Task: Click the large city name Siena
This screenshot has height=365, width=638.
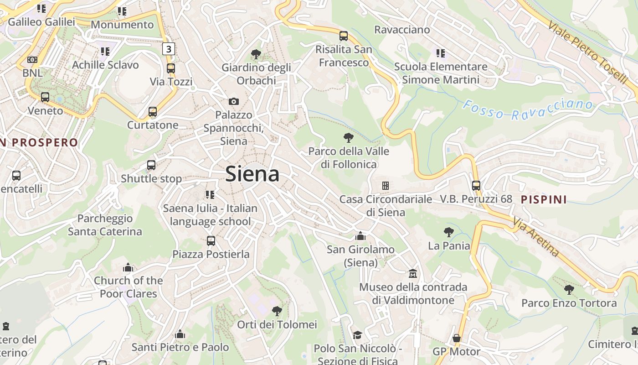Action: pos(252,174)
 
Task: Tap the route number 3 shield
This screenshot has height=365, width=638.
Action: pos(169,48)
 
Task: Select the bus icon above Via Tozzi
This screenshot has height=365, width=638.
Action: pos(170,68)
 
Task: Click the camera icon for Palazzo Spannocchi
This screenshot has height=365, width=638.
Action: pos(234,101)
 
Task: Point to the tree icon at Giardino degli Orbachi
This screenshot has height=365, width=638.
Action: pos(256,54)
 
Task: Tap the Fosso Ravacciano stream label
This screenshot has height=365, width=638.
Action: pos(528,109)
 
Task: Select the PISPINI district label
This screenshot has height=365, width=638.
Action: pos(544,199)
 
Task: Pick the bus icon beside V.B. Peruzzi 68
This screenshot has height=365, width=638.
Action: pos(476,186)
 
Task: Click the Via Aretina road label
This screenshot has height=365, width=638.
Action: pos(536,237)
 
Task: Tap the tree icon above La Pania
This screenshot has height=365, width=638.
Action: pos(449,232)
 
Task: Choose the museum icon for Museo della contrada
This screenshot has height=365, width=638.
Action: pos(413,273)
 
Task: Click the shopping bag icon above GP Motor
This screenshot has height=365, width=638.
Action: pos(456,339)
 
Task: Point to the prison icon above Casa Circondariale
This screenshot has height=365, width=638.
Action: pos(386,186)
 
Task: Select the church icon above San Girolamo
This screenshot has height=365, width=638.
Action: pos(360,236)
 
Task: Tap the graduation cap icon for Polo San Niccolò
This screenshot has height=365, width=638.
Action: pos(357,335)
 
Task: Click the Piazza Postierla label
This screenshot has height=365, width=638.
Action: pos(211,254)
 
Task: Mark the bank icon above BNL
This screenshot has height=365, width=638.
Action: pos(32,60)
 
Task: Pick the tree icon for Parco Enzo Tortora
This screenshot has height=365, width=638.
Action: pos(569,289)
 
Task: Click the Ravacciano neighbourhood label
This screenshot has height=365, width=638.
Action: pos(402,30)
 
